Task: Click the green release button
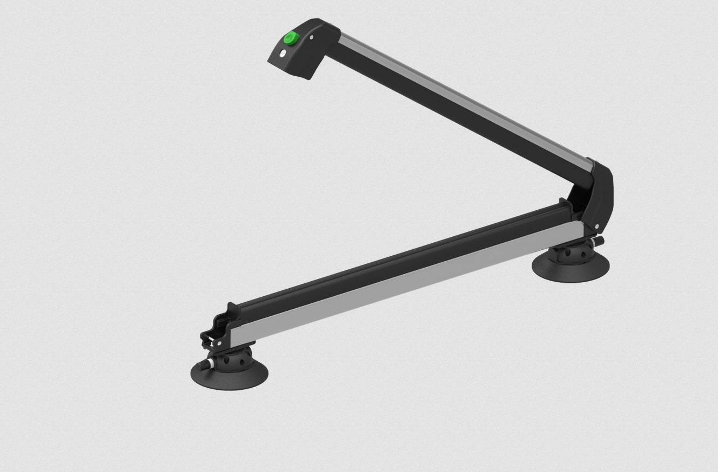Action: [291, 38]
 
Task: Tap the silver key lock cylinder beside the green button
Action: [282, 53]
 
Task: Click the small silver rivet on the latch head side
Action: [312, 37]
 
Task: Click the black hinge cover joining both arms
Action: [601, 195]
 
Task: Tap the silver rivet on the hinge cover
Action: [596, 227]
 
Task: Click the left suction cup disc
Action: [229, 375]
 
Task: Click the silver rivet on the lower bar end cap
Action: [219, 343]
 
